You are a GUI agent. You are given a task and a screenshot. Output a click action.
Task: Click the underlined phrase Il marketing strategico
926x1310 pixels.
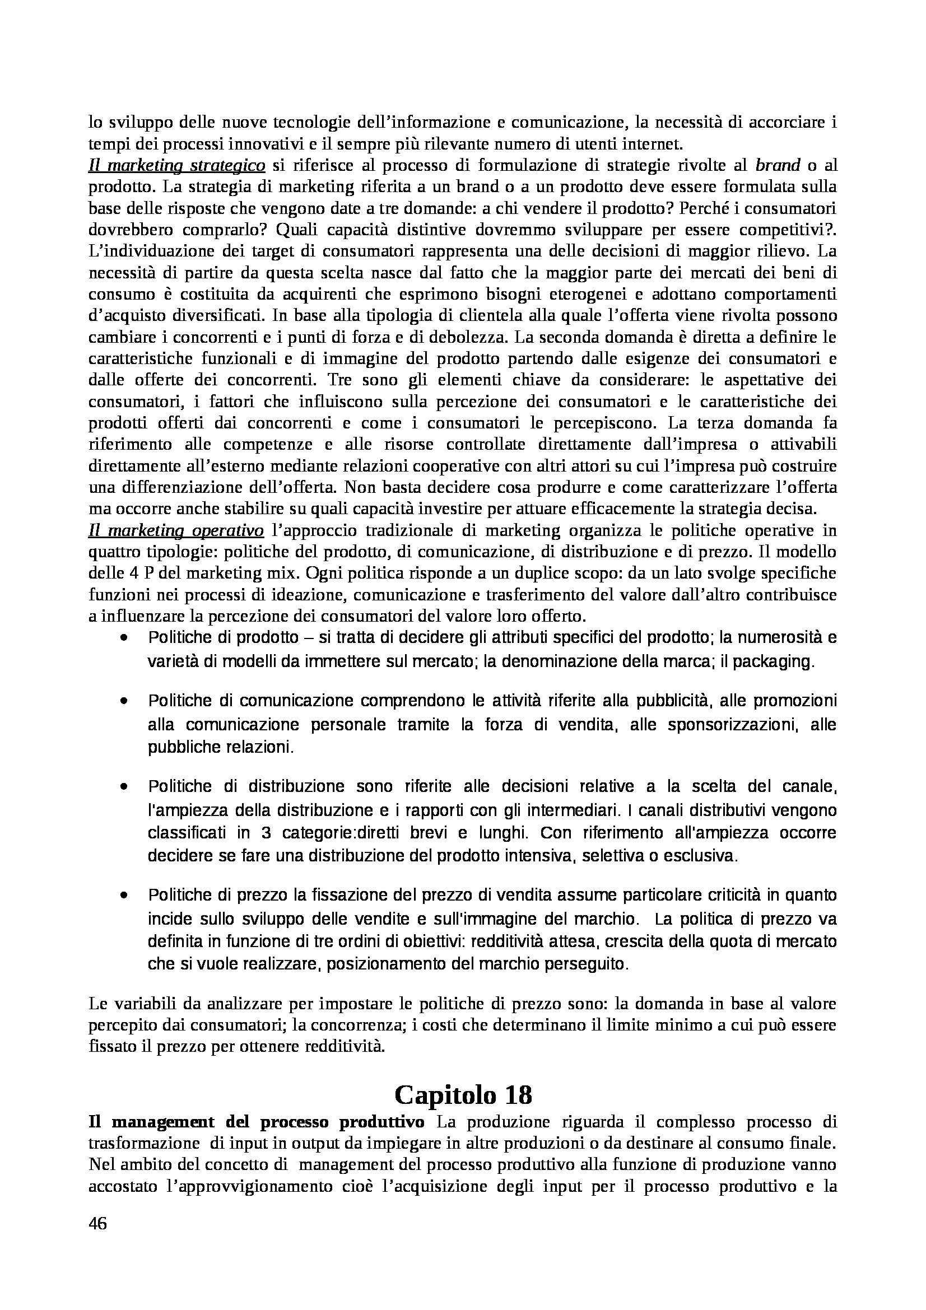tap(176, 165)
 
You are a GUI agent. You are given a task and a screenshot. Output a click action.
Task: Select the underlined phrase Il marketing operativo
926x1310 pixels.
tap(176, 530)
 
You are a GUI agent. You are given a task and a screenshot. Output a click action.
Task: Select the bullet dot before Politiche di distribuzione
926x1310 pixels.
tap(124, 787)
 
